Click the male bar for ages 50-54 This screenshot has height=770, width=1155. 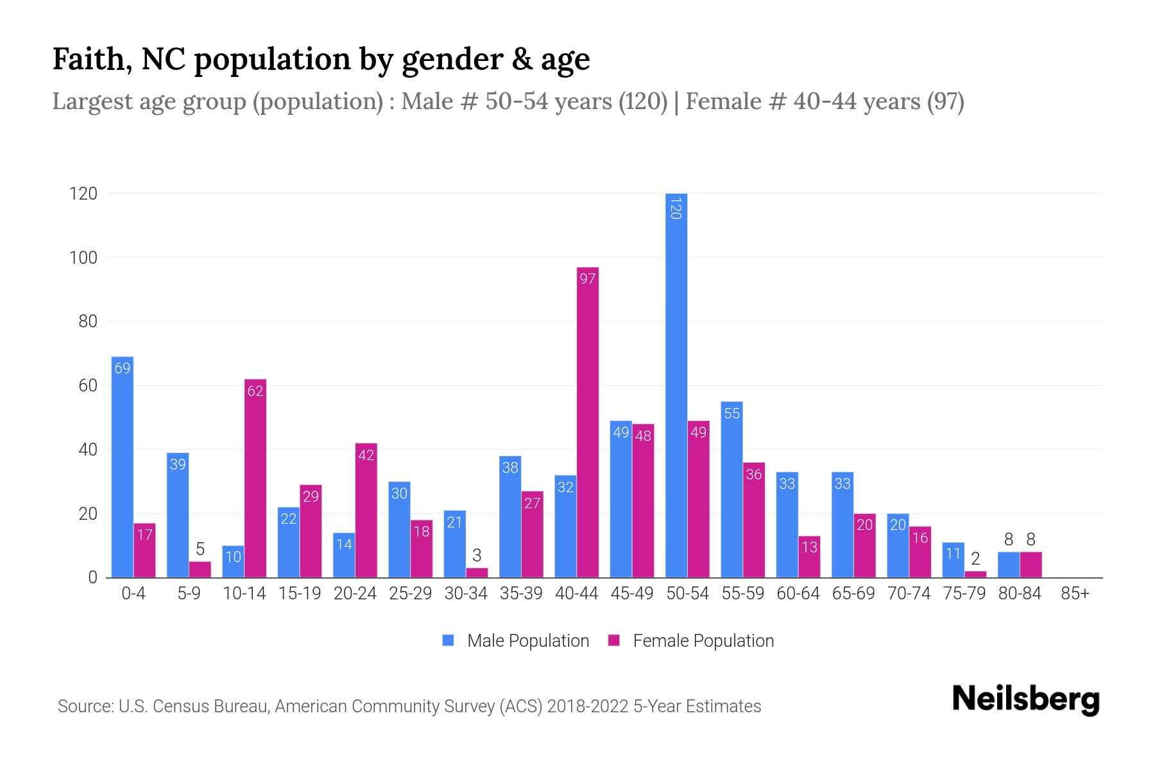676,385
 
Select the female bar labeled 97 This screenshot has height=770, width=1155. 588,424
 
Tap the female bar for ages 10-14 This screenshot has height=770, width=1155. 255,478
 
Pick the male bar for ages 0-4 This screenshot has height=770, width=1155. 123,467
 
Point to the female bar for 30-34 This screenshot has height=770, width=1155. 477,573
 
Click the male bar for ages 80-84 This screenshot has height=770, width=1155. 1009,565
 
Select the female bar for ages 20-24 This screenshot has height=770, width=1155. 366,510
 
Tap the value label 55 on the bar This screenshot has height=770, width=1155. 732,413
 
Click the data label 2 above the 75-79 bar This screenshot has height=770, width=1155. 975,559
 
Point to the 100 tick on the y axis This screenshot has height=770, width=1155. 83,258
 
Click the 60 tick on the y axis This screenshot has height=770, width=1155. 88,386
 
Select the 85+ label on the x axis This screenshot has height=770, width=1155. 1075,594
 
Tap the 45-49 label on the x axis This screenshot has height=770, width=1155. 632,594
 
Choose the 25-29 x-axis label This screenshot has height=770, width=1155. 410,594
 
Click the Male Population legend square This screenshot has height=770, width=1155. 448,640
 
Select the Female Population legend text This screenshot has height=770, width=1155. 703,640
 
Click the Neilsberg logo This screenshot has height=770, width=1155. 1025,699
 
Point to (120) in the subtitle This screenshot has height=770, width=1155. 643,101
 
